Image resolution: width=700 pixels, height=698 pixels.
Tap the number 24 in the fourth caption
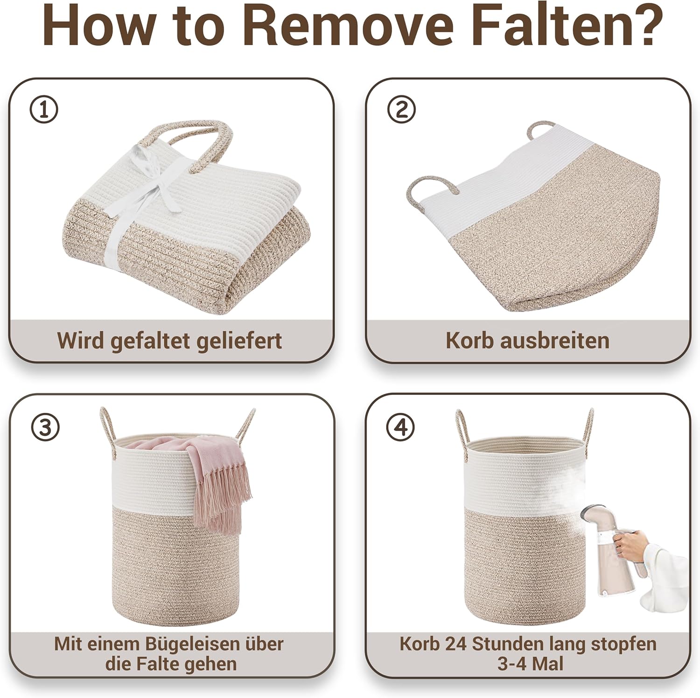pyautogui.click(x=455, y=644)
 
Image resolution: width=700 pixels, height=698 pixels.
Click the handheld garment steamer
pyautogui.click(x=602, y=551)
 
